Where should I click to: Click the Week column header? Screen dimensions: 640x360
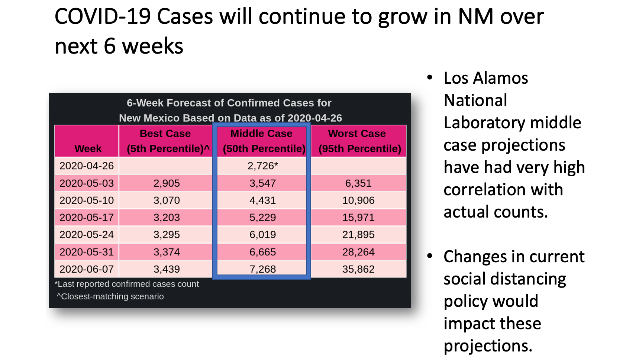click(88, 149)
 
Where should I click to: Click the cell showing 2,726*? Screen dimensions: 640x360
click(263, 166)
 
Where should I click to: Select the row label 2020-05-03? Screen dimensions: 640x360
click(87, 183)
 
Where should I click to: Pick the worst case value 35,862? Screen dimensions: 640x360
click(358, 269)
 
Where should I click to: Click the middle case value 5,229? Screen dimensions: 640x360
click(263, 217)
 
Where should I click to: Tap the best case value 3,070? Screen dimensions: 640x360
click(166, 200)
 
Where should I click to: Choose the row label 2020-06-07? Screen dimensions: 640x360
click(87, 269)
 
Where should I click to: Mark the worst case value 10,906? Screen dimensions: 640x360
click(358, 200)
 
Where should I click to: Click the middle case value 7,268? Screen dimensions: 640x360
click(263, 269)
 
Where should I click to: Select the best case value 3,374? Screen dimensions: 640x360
click(166, 252)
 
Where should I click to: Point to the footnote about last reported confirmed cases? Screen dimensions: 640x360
click(127, 284)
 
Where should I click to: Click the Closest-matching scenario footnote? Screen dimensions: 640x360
click(110, 296)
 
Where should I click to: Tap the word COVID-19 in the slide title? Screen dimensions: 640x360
click(103, 16)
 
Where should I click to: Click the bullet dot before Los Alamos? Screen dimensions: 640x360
click(430, 78)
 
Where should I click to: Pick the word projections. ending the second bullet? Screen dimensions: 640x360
click(488, 346)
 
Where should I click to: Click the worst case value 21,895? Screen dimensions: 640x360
click(358, 235)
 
